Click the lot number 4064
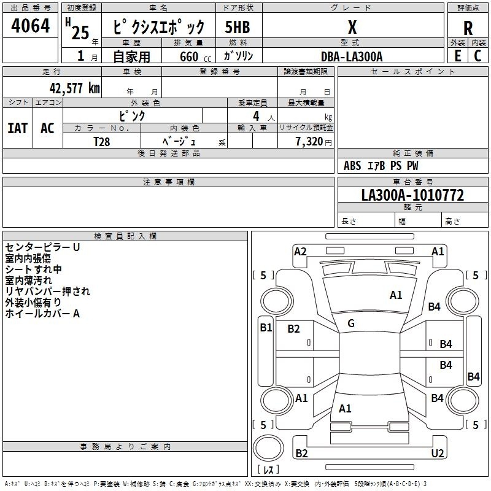point(30,25)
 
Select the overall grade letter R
point(468,28)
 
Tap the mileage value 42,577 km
point(75,88)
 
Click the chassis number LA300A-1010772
point(412,195)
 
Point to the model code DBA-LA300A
point(352,56)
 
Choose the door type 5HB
point(238,27)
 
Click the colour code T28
point(102,142)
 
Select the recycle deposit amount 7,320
point(309,141)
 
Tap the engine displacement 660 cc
point(195,57)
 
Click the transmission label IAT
point(18,128)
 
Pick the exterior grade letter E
point(457,56)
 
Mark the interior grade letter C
point(477,56)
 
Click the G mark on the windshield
point(351,323)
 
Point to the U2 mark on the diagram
point(438,453)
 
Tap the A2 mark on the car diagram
point(300,252)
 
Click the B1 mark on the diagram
point(266,328)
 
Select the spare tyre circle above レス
point(268,448)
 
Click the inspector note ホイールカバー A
point(42,314)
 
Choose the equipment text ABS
point(352,166)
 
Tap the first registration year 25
point(80,33)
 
